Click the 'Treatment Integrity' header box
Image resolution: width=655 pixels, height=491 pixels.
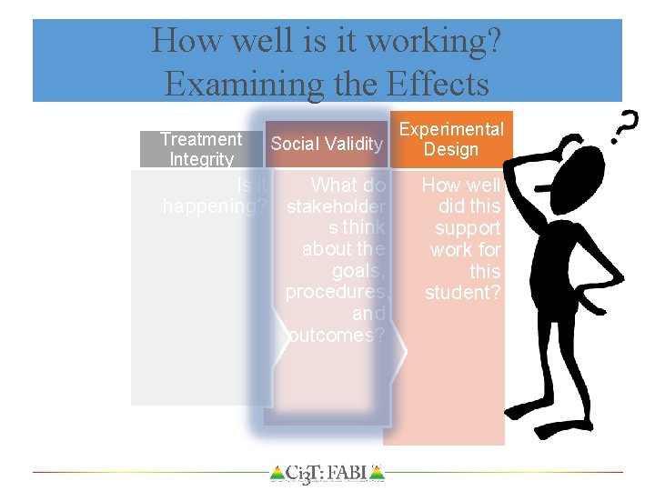tap(201, 149)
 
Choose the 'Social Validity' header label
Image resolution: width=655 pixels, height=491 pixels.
tap(327, 144)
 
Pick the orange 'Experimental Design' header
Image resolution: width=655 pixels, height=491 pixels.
tap(452, 139)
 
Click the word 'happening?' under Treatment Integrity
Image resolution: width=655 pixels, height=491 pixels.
tap(215, 206)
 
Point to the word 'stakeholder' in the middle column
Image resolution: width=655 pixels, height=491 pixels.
tap(336, 206)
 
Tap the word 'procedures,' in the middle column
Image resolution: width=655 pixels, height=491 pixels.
tap(336, 292)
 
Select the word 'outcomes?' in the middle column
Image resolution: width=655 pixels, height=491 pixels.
tap(336, 336)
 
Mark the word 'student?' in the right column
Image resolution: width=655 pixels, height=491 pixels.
tap(463, 293)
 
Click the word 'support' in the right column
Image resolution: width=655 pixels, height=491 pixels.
tap(468, 228)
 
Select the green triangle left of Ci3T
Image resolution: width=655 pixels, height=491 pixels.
tap(277, 473)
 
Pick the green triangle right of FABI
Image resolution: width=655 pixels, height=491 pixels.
tap(378, 473)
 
